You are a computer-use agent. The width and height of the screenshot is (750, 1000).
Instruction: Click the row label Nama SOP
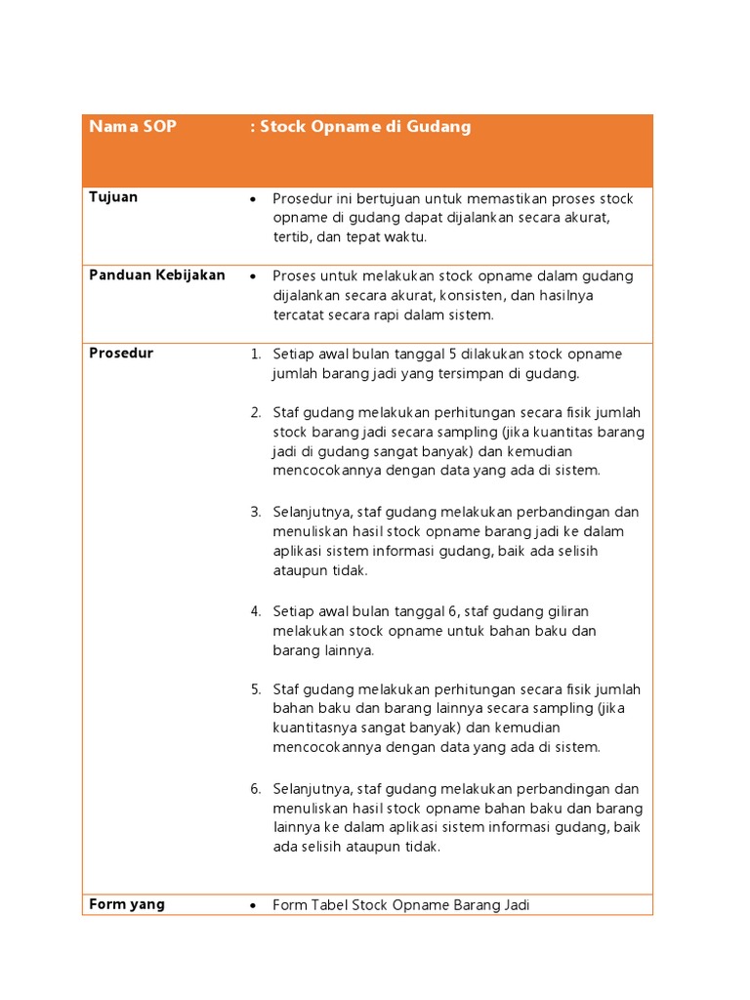pos(132,127)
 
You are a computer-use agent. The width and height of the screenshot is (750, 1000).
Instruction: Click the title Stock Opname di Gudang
pos(360,127)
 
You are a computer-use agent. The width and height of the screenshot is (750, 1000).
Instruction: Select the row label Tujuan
pos(113,197)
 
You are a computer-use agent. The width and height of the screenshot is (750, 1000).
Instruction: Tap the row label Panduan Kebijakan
pos(157,275)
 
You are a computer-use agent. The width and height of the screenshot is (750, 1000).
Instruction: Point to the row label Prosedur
pos(121,354)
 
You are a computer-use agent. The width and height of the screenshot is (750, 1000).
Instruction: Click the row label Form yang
pos(127,904)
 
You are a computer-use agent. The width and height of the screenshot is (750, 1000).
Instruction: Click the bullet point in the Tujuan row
pos(254,199)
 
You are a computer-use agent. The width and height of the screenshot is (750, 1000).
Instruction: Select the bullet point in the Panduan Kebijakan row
pos(254,276)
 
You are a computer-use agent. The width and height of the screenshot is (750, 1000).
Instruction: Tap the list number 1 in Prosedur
pos(255,354)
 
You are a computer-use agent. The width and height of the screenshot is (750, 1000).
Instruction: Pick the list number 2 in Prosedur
pos(255,413)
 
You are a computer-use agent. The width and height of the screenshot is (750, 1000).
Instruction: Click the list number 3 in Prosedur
pos(255,513)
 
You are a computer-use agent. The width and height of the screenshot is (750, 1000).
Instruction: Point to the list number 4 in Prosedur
pos(255,612)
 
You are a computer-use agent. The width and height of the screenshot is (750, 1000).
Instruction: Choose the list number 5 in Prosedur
pos(255,689)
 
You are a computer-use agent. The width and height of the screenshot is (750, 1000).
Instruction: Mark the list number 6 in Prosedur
pos(255,789)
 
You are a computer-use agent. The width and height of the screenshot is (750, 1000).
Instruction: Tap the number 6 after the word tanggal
pos(453,612)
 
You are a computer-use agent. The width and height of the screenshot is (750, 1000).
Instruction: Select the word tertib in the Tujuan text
pos(291,237)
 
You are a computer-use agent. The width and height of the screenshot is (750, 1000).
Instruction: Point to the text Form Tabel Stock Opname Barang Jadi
pos(400,905)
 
